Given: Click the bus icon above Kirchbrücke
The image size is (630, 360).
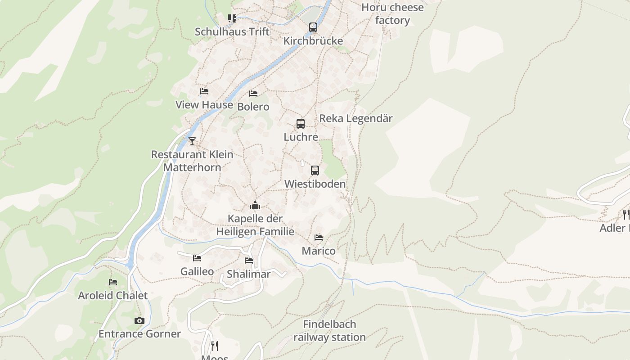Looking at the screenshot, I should point(313,27).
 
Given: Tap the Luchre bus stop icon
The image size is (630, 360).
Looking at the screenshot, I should point(301,124).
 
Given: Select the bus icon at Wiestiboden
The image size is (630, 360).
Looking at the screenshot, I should point(315,171).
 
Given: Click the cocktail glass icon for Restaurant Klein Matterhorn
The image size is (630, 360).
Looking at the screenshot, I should point(192,141).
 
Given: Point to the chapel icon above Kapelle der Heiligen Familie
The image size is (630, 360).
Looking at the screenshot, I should point(255,206).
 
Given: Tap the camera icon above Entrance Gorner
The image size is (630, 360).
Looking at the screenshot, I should point(139,320).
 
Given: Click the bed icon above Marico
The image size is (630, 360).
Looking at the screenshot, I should point(319,238).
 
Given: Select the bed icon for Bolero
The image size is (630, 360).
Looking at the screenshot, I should point(253,94).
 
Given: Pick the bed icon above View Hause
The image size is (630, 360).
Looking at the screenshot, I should point(204,91).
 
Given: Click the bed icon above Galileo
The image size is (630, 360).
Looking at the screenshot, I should point(197,258).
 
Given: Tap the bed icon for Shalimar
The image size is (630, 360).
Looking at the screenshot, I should point(249,261).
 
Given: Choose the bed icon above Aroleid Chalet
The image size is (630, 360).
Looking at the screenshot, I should point(113,282).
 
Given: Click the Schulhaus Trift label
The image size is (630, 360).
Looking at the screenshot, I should point(232,32).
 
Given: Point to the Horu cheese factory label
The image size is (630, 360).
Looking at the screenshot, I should point(392,14).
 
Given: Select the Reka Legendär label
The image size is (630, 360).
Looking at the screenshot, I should point(356,118).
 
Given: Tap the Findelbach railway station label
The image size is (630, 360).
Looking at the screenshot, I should point(329,331).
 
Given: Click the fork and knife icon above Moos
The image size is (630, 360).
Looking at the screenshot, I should point(215,346).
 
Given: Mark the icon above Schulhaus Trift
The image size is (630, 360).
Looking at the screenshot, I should point(232,18).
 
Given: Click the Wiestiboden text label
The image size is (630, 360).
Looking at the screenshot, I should point(315,184).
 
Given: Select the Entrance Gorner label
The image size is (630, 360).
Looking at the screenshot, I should point(139,334).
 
